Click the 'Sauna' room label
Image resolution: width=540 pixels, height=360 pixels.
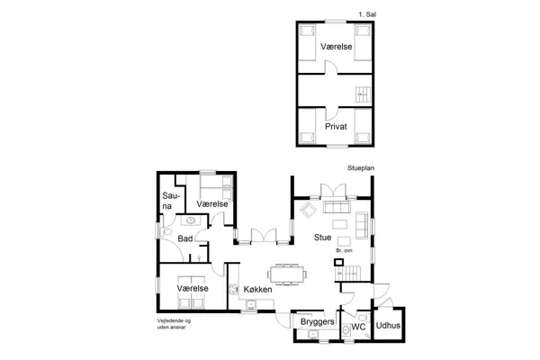pyautogui.click(x=168, y=201)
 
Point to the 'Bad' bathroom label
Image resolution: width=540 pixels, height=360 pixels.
pyautogui.click(x=184, y=238)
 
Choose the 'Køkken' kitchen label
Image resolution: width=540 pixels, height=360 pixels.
pyautogui.click(x=257, y=289)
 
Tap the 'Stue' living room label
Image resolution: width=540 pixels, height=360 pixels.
pyautogui.click(x=322, y=238)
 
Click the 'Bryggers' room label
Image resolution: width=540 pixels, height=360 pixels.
pyautogui.click(x=317, y=322)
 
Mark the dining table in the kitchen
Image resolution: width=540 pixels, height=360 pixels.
pyautogui.click(x=286, y=272)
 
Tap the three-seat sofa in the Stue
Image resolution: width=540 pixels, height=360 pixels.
pyautogui.click(x=339, y=223)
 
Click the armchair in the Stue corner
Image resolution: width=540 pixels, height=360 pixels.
pyautogui.click(x=306, y=210)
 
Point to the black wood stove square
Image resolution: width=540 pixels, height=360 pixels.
pyautogui.click(x=338, y=263)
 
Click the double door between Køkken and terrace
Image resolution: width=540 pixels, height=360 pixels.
pyautogui.click(x=261, y=236)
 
